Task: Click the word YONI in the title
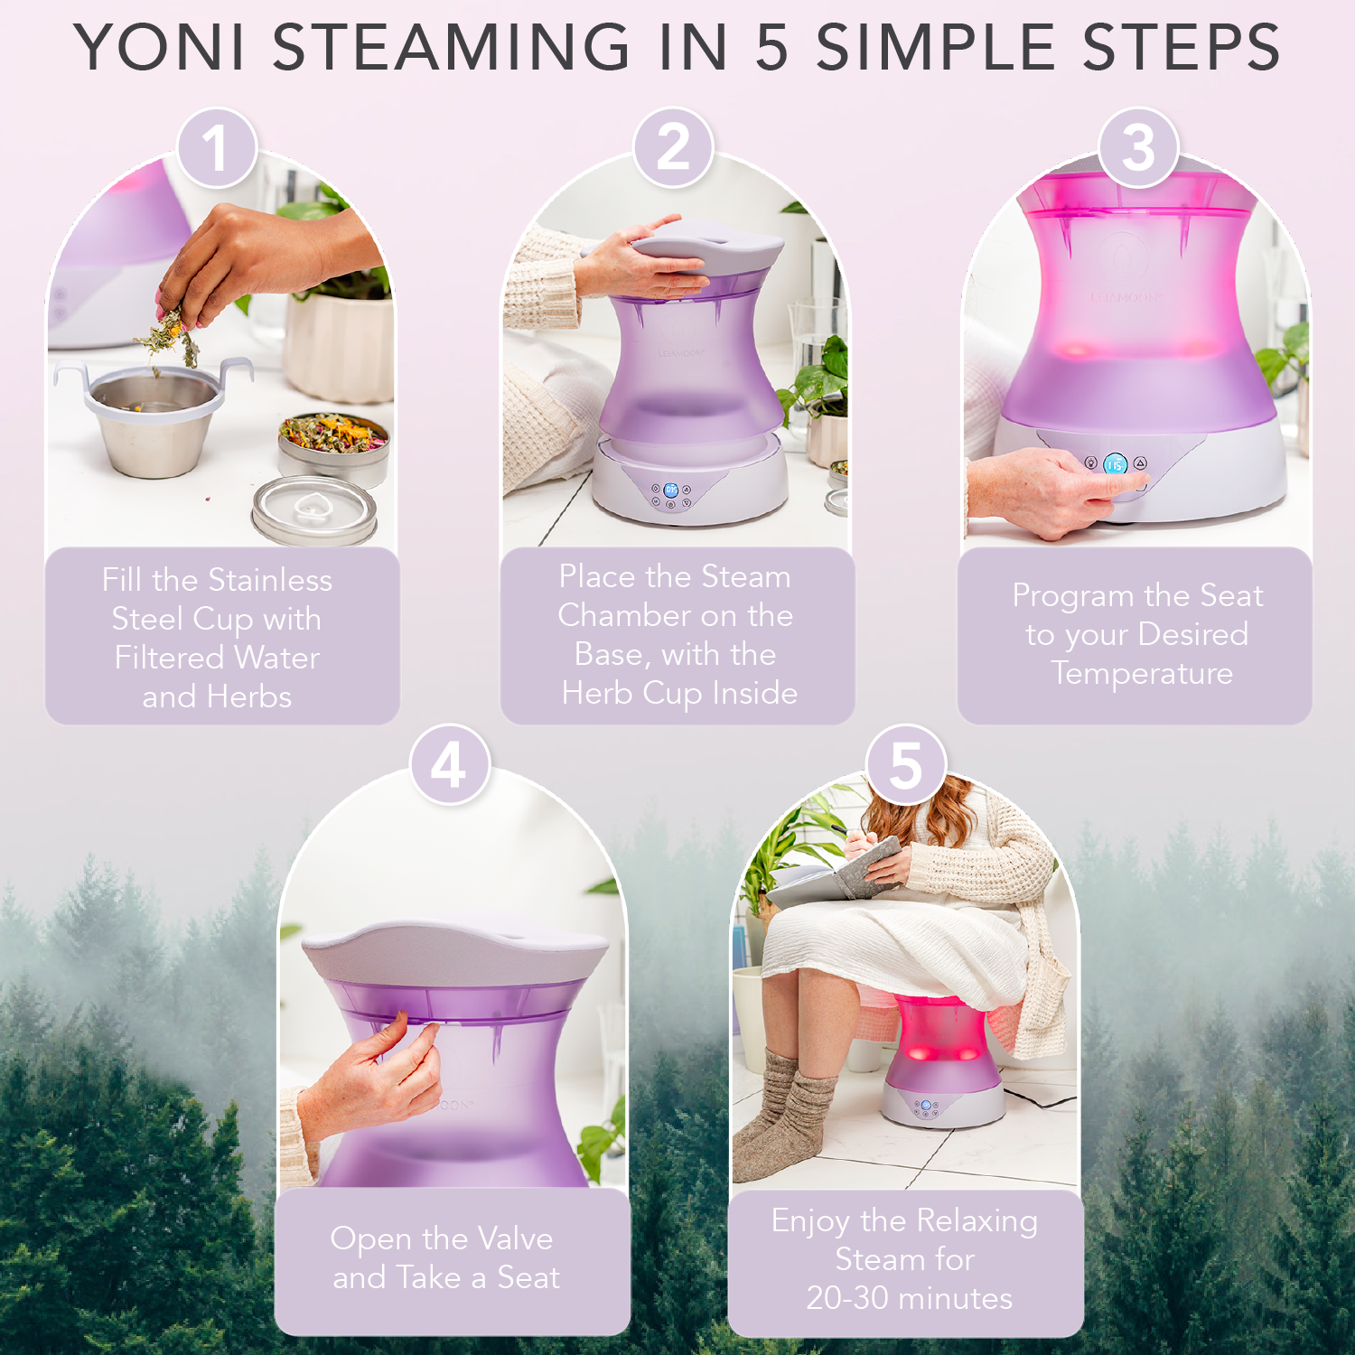[x=160, y=47]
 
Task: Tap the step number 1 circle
[x=217, y=147]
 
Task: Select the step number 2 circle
[x=673, y=147]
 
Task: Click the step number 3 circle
[x=1138, y=147]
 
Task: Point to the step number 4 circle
[x=449, y=765]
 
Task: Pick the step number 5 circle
[x=906, y=765]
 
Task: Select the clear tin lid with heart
[x=313, y=509]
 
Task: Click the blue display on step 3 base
[x=1115, y=464]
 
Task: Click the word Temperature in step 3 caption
[x=1142, y=673]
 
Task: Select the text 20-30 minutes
[x=909, y=1298]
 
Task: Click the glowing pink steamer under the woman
[x=939, y=1048]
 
